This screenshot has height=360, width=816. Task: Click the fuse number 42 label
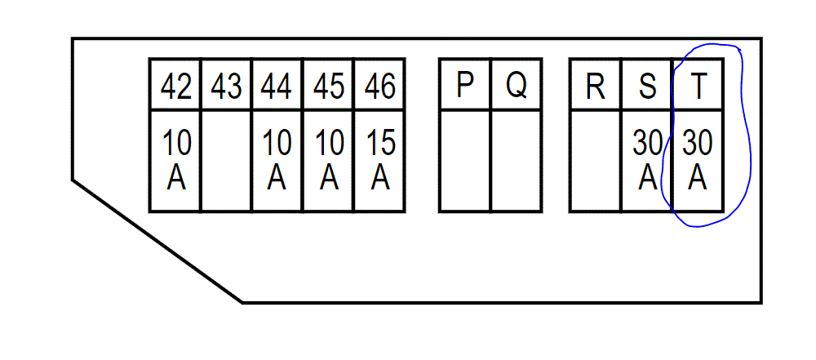pos(176,86)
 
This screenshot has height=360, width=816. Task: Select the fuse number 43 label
pos(226,86)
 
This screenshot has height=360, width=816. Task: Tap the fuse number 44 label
pos(277,86)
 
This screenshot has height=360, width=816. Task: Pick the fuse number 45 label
pos(328,86)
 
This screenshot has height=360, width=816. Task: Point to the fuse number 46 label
pos(379,86)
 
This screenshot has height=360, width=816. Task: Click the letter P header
pos(465,85)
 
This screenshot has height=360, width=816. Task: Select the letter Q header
pos(516,85)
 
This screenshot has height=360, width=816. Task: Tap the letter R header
pos(596,86)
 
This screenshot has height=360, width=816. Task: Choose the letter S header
pos(647,86)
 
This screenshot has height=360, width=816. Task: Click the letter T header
pos(698,86)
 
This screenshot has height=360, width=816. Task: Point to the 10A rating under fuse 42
pos(176,160)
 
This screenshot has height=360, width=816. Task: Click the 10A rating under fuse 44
pos(277,160)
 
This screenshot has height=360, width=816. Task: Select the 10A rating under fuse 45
pos(328,160)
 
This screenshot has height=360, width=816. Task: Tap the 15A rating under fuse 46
pos(379,160)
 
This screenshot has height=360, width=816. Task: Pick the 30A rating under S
pos(647,160)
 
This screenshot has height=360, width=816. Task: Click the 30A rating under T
pos(698,160)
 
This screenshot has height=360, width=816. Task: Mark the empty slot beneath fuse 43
pos(226,161)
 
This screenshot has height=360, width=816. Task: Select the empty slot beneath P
pos(465,161)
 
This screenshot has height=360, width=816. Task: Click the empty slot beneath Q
pos(516,161)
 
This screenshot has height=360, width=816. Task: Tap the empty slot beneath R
pos(596,161)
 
